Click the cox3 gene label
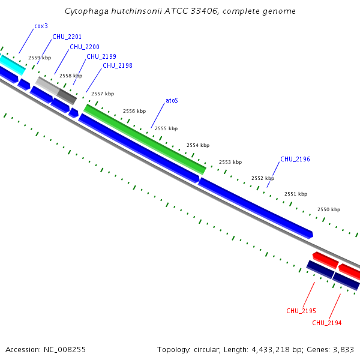tap(41, 27)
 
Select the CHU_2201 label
tap(67, 37)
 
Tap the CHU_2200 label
tap(85, 47)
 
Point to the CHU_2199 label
tap(101, 56)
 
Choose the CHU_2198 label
tap(118, 66)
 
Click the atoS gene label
tap(172, 100)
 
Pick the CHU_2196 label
tap(295, 159)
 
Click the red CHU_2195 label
tap(301, 311)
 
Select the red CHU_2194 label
tap(327, 323)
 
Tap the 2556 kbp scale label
tap(134, 111)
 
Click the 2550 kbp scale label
tap(329, 209)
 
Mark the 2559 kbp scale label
tap(40, 58)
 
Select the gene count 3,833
tap(343, 349)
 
